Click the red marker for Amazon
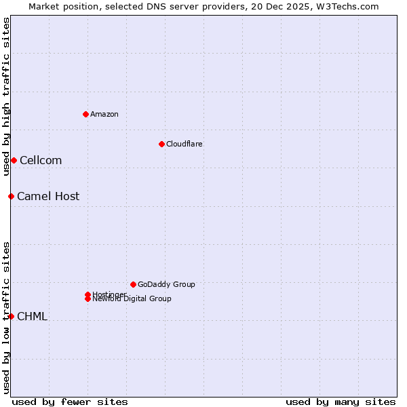[x=85, y=114]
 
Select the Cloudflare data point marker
[x=161, y=144]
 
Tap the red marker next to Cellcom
[x=14, y=160]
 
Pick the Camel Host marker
[x=11, y=196]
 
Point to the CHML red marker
[x=11, y=316]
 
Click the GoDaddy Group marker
[x=133, y=284]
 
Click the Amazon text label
[x=104, y=114]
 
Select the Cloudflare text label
[x=185, y=144]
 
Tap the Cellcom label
[x=41, y=161]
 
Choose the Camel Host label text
[x=48, y=197]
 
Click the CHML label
[x=32, y=317]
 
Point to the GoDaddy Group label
[x=166, y=284]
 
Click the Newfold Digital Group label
[x=132, y=299]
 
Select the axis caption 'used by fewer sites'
[x=70, y=402]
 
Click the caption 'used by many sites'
[x=341, y=402]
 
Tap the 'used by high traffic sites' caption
[x=6, y=96]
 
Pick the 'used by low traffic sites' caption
[x=6, y=317]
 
